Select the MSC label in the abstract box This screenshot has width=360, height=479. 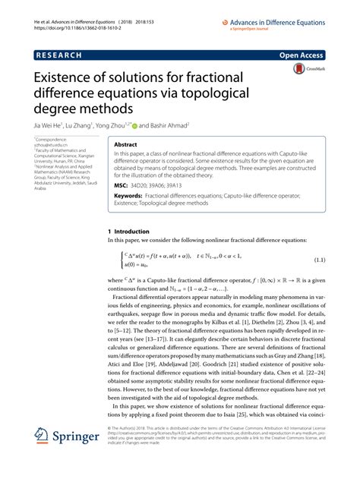click(x=122, y=184)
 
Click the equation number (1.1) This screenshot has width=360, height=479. click(x=321, y=260)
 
